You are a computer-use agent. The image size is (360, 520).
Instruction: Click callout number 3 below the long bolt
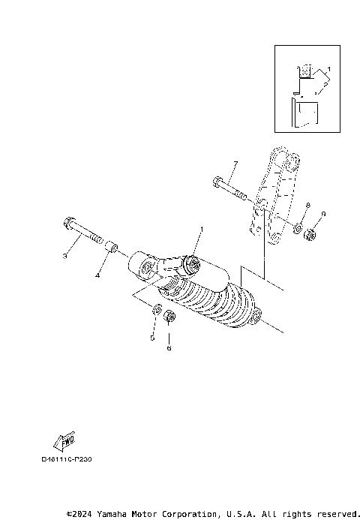[64, 257]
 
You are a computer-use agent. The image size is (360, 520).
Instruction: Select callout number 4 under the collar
[97, 275]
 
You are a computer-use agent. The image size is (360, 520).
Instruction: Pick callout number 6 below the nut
[169, 348]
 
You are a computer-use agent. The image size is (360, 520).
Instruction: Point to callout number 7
[235, 164]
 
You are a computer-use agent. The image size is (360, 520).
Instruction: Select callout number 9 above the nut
[322, 215]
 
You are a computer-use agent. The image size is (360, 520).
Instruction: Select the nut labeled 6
[169, 317]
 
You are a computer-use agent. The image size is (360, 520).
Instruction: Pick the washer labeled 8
[298, 227]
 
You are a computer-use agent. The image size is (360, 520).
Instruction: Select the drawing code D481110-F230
[71, 458]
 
